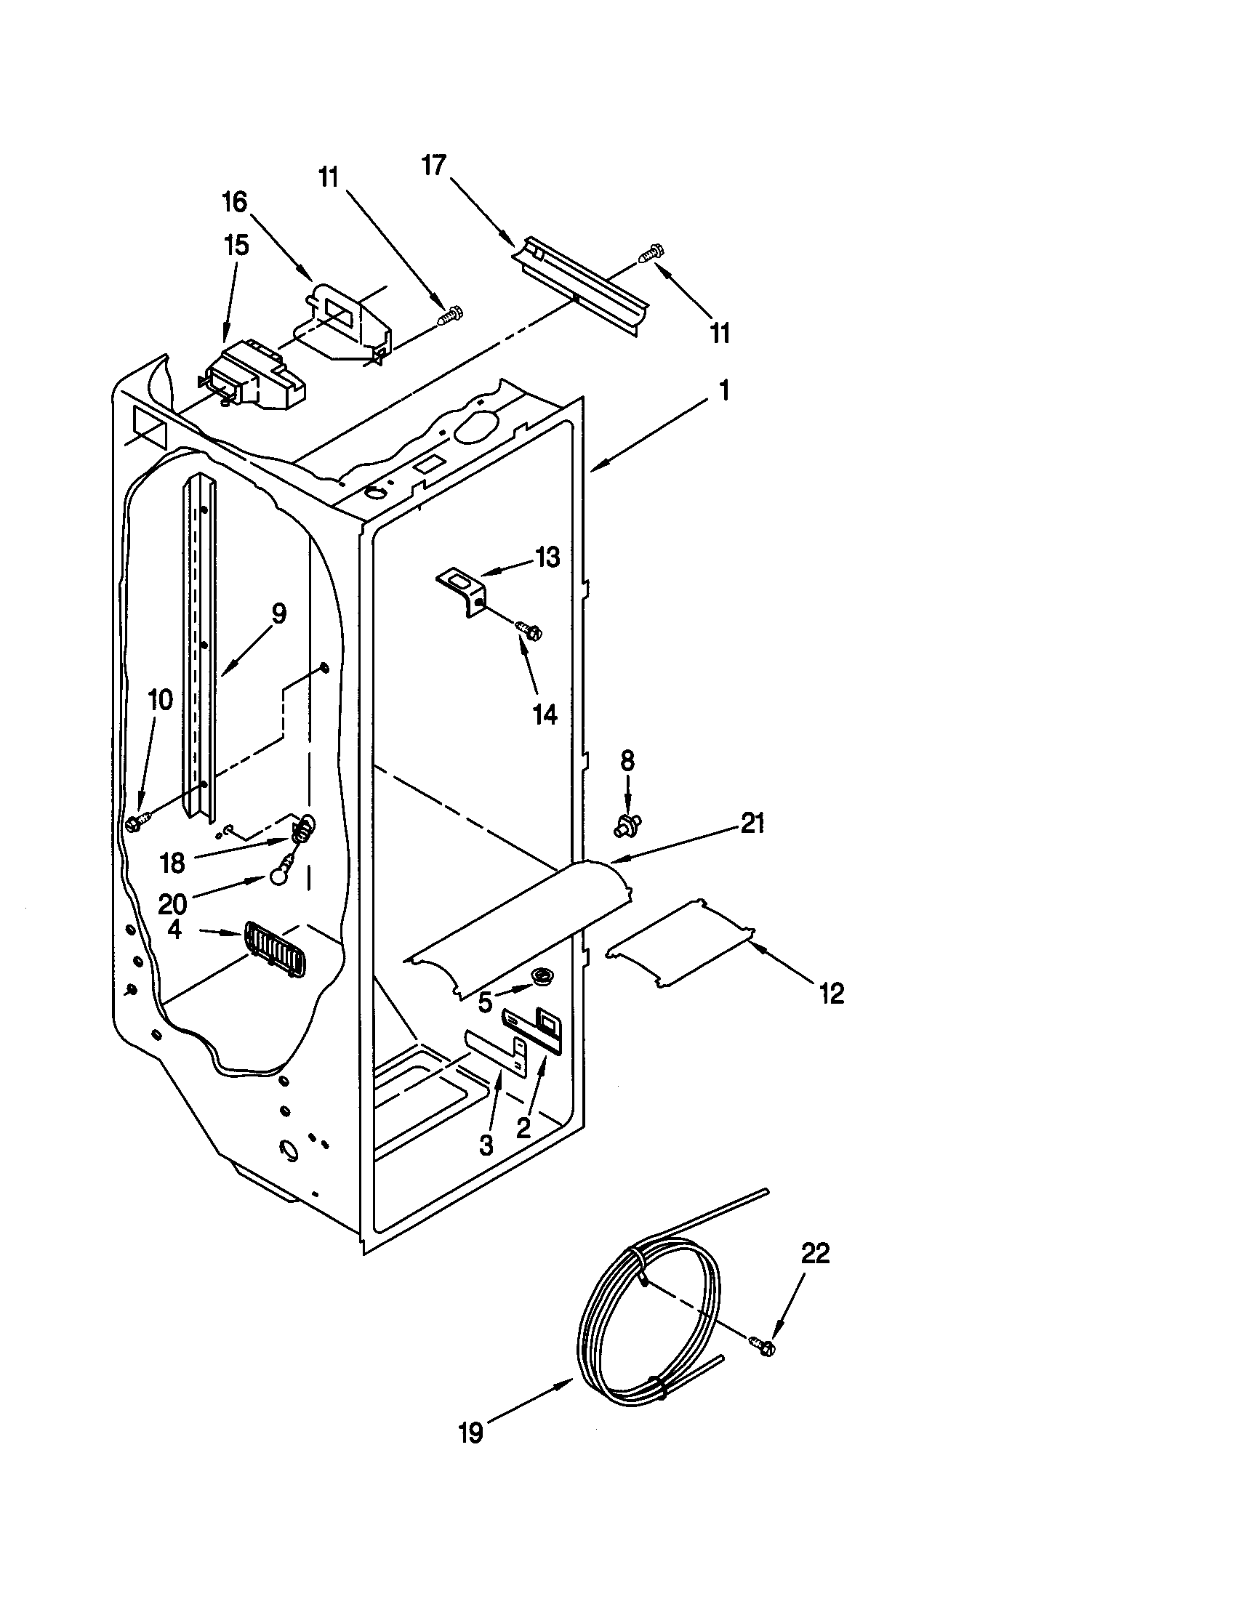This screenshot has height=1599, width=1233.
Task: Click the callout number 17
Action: click(x=434, y=166)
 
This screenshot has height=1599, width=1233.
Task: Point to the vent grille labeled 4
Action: click(x=274, y=948)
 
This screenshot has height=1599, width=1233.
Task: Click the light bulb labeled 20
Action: click(x=278, y=874)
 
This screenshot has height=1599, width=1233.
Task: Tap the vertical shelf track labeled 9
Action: click(x=199, y=644)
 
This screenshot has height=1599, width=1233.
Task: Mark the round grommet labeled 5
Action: click(x=542, y=975)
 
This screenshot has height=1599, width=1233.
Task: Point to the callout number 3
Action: click(x=486, y=1144)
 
